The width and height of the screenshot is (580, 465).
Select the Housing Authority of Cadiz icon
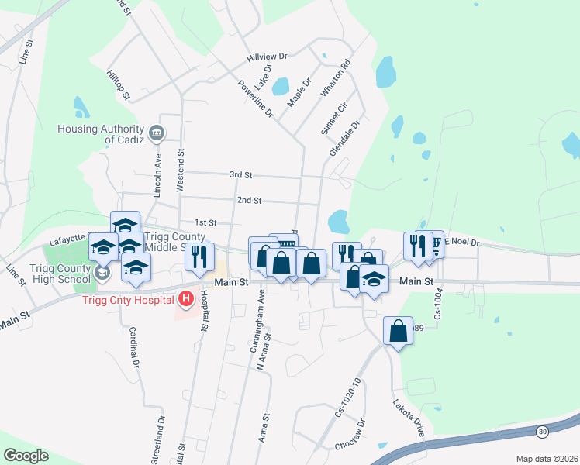[157, 133]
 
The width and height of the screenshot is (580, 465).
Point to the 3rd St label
[241, 176]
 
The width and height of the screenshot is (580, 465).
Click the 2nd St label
[248, 200]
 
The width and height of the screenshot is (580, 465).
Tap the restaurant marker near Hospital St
[199, 256]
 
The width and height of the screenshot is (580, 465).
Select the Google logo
[26, 456]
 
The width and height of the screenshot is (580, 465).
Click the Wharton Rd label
[336, 77]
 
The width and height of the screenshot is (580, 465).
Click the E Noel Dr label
[462, 243]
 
